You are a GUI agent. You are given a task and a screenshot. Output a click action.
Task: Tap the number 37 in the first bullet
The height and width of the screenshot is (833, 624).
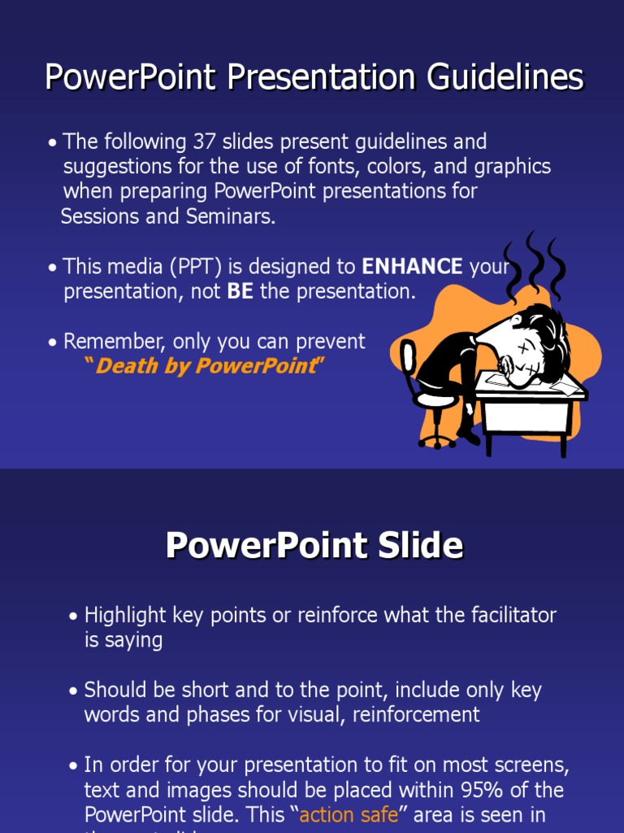(x=203, y=142)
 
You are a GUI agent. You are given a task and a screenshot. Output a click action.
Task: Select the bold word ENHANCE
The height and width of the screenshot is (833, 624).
(x=412, y=266)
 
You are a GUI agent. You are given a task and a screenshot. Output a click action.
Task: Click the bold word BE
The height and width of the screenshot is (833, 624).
(x=240, y=291)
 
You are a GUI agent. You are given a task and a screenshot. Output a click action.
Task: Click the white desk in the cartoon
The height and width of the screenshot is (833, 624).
(x=528, y=411)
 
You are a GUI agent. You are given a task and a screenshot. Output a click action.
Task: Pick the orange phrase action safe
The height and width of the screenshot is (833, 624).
(x=349, y=814)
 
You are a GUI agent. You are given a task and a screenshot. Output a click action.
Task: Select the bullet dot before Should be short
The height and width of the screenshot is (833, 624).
(x=74, y=691)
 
